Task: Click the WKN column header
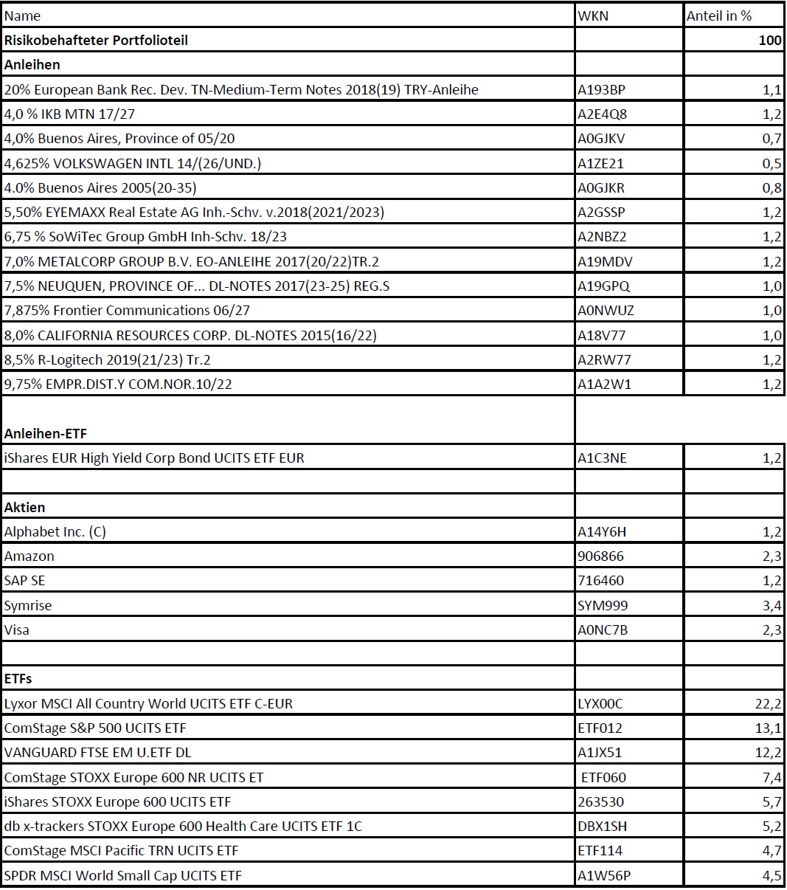click(x=593, y=15)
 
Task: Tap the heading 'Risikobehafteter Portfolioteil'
click(x=96, y=40)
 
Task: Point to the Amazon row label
click(x=30, y=556)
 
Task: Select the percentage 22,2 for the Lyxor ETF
click(x=768, y=703)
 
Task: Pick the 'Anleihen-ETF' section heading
click(x=46, y=433)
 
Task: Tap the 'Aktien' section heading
click(x=24, y=507)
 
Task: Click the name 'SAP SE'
click(x=25, y=581)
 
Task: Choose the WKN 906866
click(x=600, y=556)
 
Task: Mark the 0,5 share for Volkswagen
click(x=772, y=163)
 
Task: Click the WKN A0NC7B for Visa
click(x=603, y=629)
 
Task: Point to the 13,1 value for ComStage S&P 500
click(x=768, y=728)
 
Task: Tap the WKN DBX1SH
click(x=602, y=826)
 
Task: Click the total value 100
click(x=770, y=40)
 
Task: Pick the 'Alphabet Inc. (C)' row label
click(x=55, y=531)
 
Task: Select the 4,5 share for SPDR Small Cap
click(x=772, y=875)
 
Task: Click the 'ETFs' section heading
click(x=18, y=678)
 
